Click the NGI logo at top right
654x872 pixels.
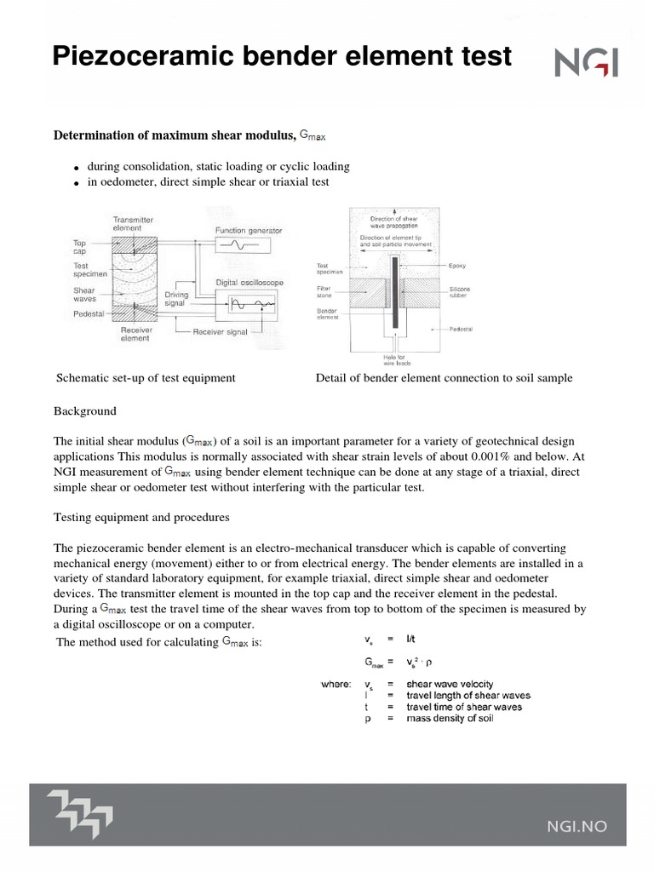[587, 62]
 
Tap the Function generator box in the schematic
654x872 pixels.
[243, 244]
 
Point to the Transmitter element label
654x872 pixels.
[134, 224]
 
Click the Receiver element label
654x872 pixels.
[134, 333]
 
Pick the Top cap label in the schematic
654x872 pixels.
[79, 247]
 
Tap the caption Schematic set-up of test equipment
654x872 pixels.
[145, 378]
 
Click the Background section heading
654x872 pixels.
[85, 411]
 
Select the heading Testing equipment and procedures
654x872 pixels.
[141, 517]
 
